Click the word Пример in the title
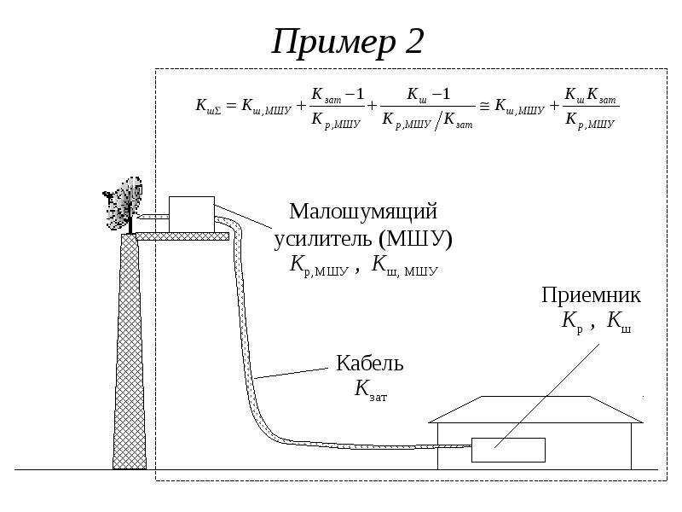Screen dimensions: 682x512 [x=333, y=43]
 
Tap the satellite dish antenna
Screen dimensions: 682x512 [x=123, y=204]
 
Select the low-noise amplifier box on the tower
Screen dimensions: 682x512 [x=191, y=214]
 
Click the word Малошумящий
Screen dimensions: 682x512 [x=363, y=212]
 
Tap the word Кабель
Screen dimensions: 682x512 [x=370, y=363]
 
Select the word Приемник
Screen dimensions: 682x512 [x=591, y=295]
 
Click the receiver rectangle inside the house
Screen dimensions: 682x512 [x=508, y=450]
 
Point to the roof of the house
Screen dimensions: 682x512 [x=535, y=410]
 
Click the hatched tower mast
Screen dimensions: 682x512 [x=130, y=352]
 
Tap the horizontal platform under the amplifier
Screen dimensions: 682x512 [x=182, y=236]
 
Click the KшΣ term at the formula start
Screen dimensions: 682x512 [x=208, y=106]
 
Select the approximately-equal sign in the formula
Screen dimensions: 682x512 [x=484, y=106]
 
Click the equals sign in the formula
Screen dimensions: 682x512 [x=231, y=105]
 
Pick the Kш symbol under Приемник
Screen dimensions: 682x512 [x=619, y=322]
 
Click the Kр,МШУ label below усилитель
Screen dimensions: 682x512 [x=319, y=265]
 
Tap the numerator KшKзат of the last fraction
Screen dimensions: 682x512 [x=590, y=96]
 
